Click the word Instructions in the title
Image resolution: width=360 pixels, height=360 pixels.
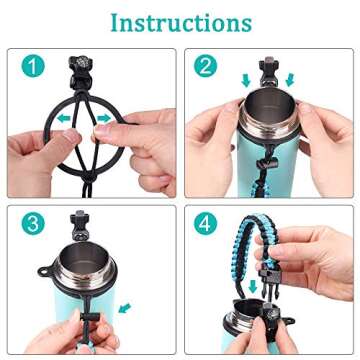tap(181, 21)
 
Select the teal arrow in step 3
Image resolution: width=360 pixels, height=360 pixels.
tap(123, 307)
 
